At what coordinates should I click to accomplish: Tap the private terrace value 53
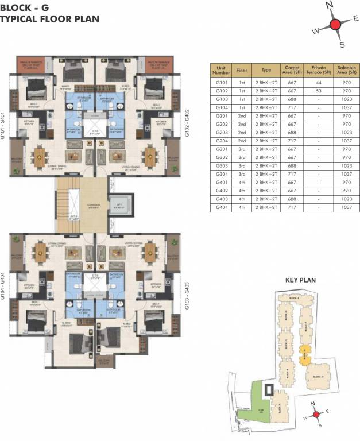[x=318, y=91]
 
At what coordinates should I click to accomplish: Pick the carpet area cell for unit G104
[x=292, y=107]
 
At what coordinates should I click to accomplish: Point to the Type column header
[x=266, y=69]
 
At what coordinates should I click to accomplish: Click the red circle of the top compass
[x=335, y=25]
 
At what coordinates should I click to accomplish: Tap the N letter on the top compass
[x=330, y=5]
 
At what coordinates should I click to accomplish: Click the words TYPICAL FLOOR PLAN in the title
[x=49, y=18]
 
